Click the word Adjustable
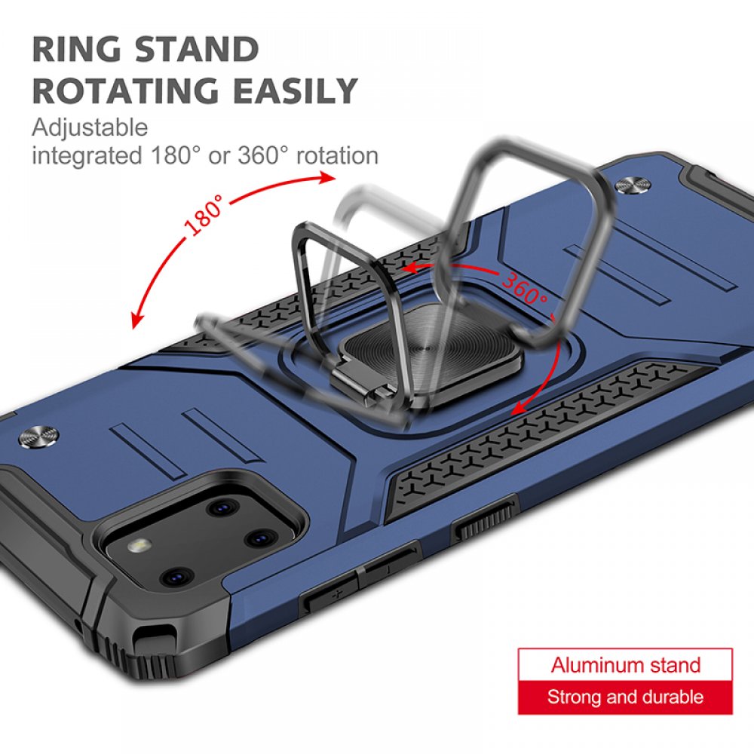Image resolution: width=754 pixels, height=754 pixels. pyautogui.click(x=90, y=128)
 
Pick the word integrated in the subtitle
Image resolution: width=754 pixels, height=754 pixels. pyautogui.click(x=87, y=156)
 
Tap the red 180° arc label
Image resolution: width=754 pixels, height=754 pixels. pyautogui.click(x=204, y=215)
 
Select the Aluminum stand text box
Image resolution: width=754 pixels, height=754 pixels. pyautogui.click(x=625, y=665)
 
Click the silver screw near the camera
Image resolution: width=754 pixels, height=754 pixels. pyautogui.click(x=38, y=435)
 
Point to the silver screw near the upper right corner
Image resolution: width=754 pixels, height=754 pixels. pyautogui.click(x=634, y=185)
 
